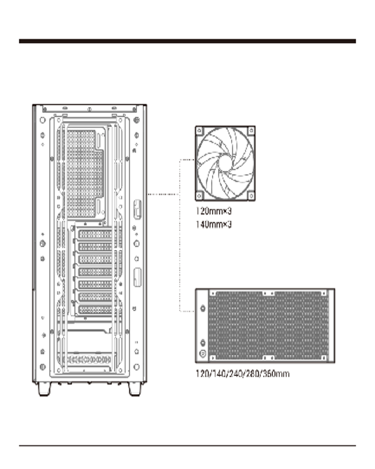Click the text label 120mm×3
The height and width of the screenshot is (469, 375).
pyautogui.click(x=214, y=211)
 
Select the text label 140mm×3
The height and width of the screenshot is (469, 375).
pyautogui.click(x=214, y=224)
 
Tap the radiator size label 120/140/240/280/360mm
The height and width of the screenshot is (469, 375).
pyautogui.click(x=242, y=374)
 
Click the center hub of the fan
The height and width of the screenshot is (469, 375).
pyautogui.click(x=225, y=163)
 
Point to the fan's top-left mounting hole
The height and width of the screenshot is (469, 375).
pyautogui.click(x=200, y=130)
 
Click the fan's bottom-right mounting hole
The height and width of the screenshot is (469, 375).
pyautogui.click(x=251, y=196)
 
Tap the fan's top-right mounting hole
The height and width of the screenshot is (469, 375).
pyautogui.click(x=251, y=130)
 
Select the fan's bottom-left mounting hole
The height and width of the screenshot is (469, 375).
pyautogui.click(x=200, y=196)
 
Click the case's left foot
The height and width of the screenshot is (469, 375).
pyautogui.click(x=45, y=389)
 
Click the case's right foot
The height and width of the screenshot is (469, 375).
pyautogui.click(x=135, y=389)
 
